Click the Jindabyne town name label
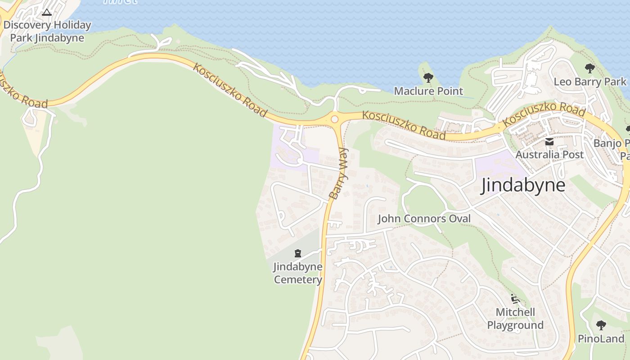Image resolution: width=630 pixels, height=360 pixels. pos(523,185)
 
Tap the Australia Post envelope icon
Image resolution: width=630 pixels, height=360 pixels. pos(549,142)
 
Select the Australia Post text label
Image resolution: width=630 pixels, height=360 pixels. pos(549,154)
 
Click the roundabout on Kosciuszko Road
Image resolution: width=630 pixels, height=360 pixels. pos(334,119)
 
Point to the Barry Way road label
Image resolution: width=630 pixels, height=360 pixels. pos(339,173)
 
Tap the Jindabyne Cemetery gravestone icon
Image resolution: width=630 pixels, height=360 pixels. pos(297,253)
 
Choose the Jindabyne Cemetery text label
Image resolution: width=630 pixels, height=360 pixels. pos(297,273)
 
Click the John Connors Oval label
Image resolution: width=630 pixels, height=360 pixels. pos(424,219)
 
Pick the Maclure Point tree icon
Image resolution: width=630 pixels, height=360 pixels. pos(428,78)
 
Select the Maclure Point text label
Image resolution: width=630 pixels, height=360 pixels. pos(428,91)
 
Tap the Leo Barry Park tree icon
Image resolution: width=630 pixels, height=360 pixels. pos(589,68)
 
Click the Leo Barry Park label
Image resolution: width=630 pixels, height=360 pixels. pos(589,81)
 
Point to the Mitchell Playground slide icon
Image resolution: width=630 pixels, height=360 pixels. pos(515,299)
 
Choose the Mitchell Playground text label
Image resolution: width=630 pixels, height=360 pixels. pos(515,319)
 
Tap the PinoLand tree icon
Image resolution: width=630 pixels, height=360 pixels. pos(601,325)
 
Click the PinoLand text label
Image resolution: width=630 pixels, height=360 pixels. pos(601,338)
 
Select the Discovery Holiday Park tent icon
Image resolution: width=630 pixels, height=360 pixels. pos(47,12)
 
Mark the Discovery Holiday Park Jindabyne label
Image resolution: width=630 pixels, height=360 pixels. pos(47,31)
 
